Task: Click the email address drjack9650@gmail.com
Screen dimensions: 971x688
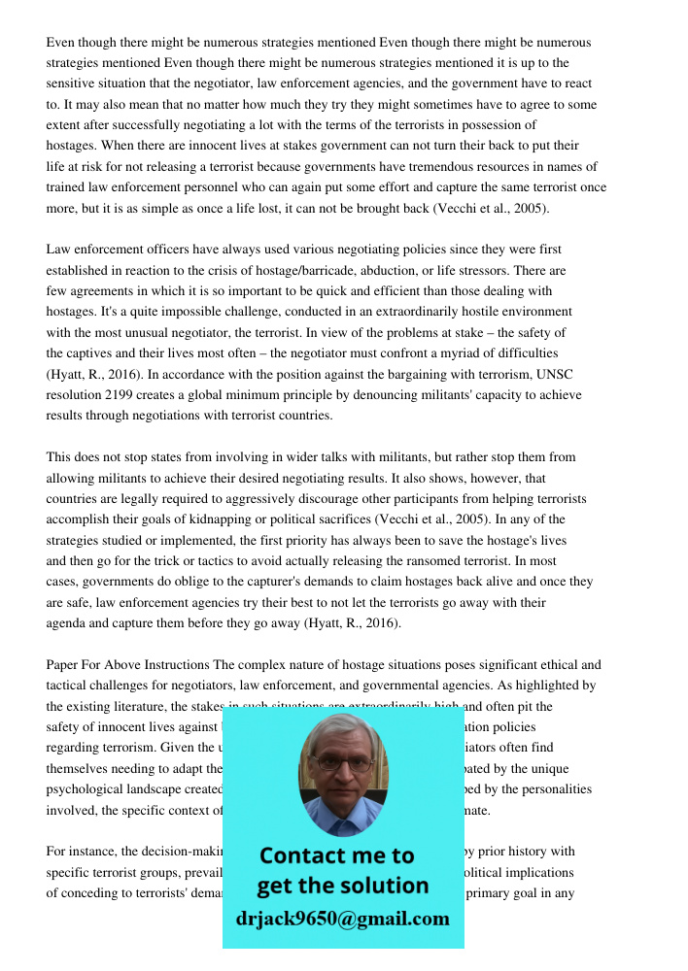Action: coord(342,919)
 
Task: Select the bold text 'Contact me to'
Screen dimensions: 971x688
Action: coord(336,855)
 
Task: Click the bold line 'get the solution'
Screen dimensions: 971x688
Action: coord(342,886)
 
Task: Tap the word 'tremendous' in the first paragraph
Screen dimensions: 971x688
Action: coord(439,166)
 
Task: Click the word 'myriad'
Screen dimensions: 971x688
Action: coord(455,353)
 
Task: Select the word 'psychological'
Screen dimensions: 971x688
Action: coord(85,789)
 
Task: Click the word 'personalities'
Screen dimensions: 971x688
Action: coord(555,789)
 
